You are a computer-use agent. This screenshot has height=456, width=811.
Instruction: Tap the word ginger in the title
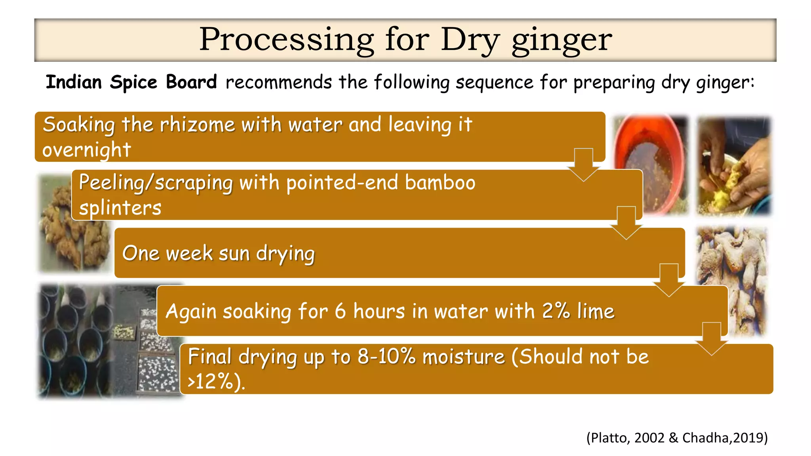[562, 40]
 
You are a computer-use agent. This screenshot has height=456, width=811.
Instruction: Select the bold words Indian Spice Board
[131, 82]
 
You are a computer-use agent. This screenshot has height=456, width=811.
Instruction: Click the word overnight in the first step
[86, 150]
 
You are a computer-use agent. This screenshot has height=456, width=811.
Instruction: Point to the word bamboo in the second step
[440, 183]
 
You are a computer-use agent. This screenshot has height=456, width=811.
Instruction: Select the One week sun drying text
[218, 253]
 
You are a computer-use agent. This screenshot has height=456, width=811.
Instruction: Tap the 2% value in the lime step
[556, 311]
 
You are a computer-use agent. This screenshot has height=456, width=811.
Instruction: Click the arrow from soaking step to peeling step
[583, 164]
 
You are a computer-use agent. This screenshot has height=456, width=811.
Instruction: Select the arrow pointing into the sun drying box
[626, 222]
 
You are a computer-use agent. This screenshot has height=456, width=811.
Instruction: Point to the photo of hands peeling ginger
[734, 166]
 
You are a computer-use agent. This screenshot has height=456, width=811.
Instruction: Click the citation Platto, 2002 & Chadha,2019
[677, 438]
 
